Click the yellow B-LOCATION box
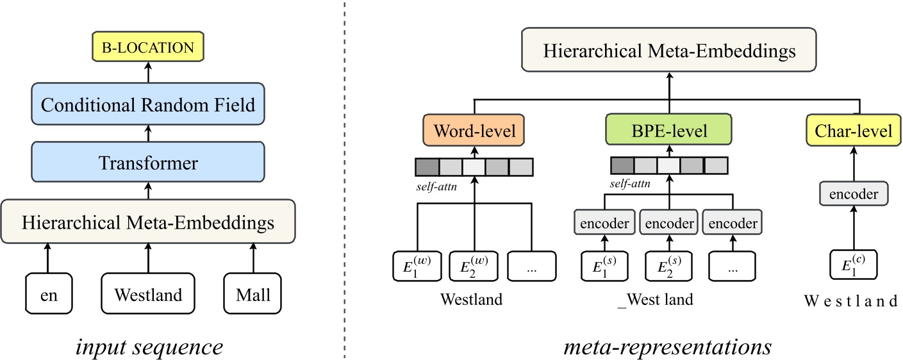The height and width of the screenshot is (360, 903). coord(148,47)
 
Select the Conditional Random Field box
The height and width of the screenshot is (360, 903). coord(148,104)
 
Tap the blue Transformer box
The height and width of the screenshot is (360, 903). coord(148,163)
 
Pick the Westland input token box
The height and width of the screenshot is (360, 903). coord(148,295)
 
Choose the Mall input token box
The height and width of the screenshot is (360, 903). coord(253,295)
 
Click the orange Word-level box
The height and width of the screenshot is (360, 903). coord(474,131)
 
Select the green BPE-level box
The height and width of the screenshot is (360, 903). coord(669,131)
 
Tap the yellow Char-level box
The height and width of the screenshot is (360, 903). coord(854,131)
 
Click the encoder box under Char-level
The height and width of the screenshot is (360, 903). coord(854,193)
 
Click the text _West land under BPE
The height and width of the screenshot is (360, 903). coord(655,300)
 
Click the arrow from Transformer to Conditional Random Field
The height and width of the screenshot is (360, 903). coord(148,133)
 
